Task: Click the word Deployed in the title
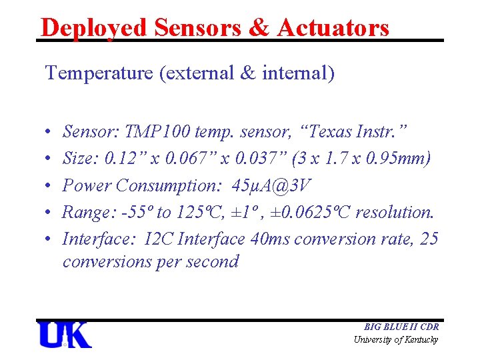[94, 27]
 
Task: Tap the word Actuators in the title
[333, 27]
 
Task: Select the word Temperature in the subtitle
[99, 73]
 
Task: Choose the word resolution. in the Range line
[395, 212]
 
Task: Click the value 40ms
[269, 239]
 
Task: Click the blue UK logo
[64, 335]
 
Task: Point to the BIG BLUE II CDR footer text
[401, 327]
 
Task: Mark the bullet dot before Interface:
[50, 239]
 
